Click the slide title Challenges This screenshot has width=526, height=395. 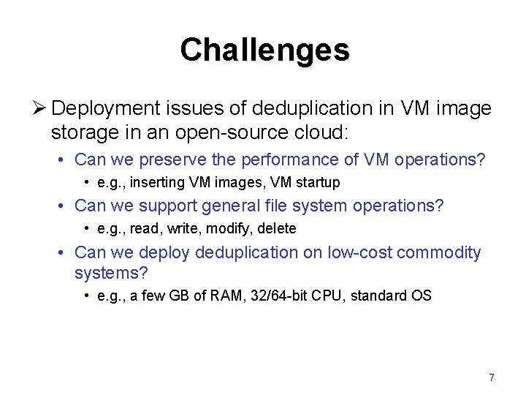(264, 50)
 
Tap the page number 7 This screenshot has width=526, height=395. (492, 377)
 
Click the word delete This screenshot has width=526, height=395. (277, 229)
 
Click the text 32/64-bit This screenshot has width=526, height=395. (290, 296)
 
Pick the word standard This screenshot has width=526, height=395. (388, 296)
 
